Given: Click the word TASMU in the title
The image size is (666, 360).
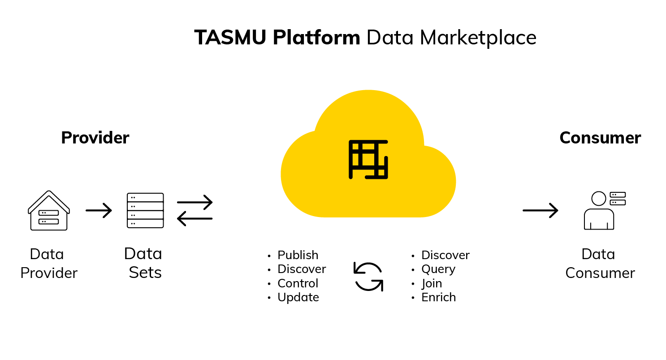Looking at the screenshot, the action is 230,38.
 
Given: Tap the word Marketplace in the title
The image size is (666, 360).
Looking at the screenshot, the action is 478,38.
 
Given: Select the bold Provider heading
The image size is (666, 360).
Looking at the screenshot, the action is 95,138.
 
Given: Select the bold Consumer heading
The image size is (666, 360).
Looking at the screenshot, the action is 600,138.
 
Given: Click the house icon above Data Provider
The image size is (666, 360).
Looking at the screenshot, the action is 49,210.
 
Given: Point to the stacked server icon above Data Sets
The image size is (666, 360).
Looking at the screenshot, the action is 145,210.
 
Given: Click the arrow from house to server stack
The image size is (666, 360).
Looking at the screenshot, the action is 99,210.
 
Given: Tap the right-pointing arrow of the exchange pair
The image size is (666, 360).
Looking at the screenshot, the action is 195,202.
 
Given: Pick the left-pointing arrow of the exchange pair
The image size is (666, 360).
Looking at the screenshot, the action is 195,219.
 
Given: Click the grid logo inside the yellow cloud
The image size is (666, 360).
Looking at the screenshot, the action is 368,160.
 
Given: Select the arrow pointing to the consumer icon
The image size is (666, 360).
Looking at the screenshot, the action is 540,210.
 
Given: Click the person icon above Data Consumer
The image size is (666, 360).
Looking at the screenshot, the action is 605,210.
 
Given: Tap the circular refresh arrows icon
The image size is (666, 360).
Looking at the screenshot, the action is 368,277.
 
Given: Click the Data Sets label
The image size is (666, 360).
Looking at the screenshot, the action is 143,263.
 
